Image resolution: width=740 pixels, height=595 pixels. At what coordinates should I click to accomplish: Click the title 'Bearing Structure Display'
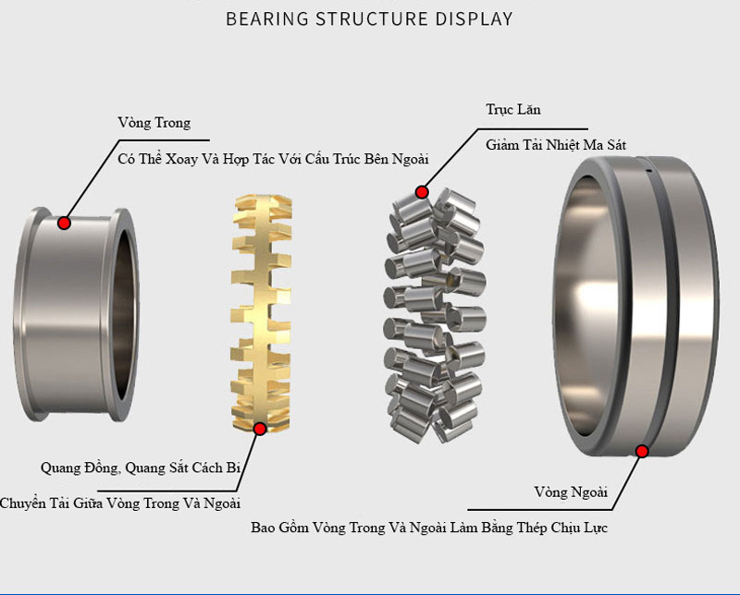click(369, 18)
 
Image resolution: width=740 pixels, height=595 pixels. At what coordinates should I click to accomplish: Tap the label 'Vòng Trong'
click(154, 123)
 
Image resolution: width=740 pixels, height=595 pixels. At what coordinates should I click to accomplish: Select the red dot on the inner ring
click(64, 223)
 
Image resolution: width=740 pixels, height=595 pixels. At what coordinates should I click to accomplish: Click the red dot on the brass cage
click(260, 429)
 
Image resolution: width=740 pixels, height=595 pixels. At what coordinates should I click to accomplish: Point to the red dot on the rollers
click(422, 192)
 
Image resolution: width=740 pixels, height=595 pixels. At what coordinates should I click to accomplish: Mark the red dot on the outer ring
click(642, 451)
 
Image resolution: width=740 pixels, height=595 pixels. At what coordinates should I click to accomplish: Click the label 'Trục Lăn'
click(513, 110)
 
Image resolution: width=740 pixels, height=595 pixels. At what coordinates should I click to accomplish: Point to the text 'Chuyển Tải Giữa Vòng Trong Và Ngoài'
click(120, 504)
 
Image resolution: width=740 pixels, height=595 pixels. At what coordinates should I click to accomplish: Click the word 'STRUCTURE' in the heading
click(368, 18)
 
